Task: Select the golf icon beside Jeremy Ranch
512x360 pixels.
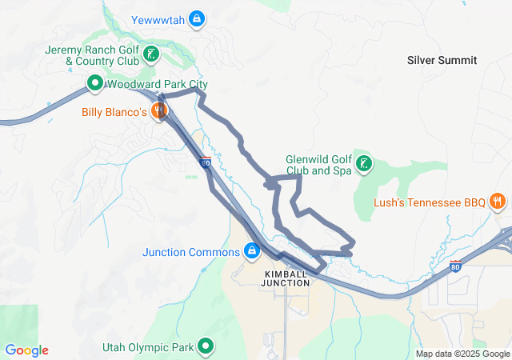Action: [151, 55]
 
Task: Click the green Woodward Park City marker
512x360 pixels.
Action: [94, 83]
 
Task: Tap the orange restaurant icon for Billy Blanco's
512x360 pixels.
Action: [160, 112]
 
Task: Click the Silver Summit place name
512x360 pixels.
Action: [442, 60]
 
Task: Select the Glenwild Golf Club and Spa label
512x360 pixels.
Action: [318, 165]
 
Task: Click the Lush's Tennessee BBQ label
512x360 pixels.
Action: [430, 202]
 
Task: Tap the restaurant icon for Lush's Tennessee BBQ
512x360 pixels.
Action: [497, 202]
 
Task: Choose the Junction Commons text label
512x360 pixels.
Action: [191, 252]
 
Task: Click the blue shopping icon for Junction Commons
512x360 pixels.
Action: [252, 251]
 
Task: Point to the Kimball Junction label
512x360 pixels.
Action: [286, 278]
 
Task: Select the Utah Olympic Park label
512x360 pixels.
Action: [148, 347]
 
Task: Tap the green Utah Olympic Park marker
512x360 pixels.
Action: [206, 347]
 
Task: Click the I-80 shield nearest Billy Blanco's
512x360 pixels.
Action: [206, 163]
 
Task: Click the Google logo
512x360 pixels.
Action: [26, 350]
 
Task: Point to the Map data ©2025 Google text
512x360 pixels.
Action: [462, 354]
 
